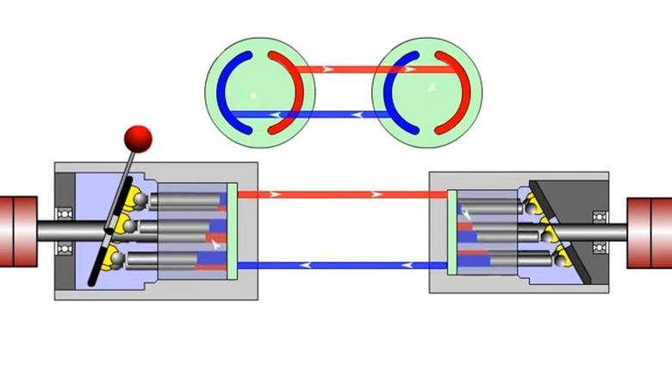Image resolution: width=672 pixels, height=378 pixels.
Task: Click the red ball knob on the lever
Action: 138,136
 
